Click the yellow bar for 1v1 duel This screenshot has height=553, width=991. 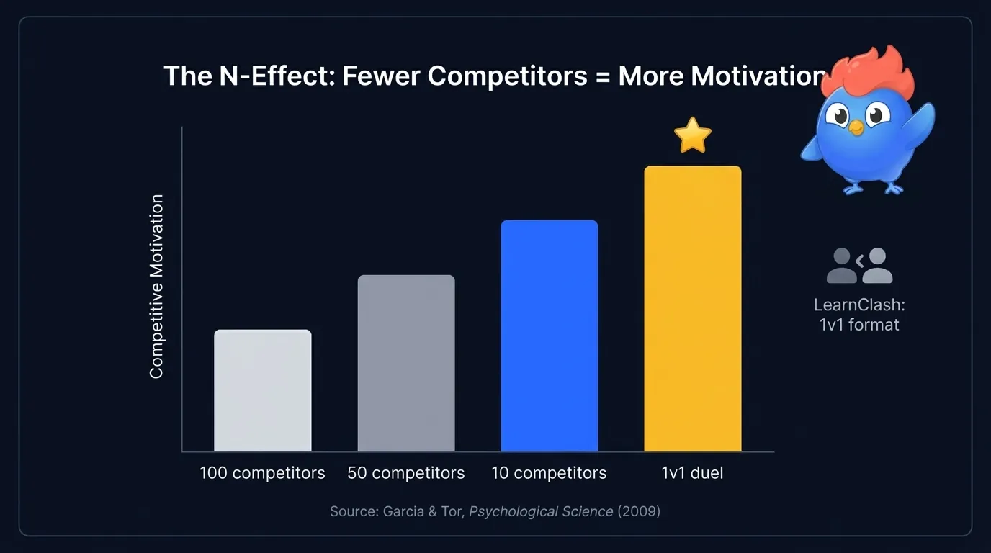(x=692, y=309)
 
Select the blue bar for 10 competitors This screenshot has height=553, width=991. (x=550, y=336)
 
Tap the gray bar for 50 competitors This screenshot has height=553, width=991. (x=406, y=363)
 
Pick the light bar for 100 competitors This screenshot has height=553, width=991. (x=263, y=390)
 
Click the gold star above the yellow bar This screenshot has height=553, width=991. (x=692, y=136)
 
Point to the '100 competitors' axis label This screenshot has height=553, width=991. (x=262, y=473)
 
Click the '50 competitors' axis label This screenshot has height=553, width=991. (x=406, y=473)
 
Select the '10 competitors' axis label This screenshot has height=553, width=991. (x=549, y=473)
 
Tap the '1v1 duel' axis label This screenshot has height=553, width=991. (x=692, y=473)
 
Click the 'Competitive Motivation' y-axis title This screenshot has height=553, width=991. (x=156, y=287)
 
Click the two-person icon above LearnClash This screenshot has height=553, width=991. (x=860, y=265)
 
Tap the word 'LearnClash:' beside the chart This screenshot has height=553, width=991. (x=859, y=305)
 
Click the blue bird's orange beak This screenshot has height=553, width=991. (x=856, y=128)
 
